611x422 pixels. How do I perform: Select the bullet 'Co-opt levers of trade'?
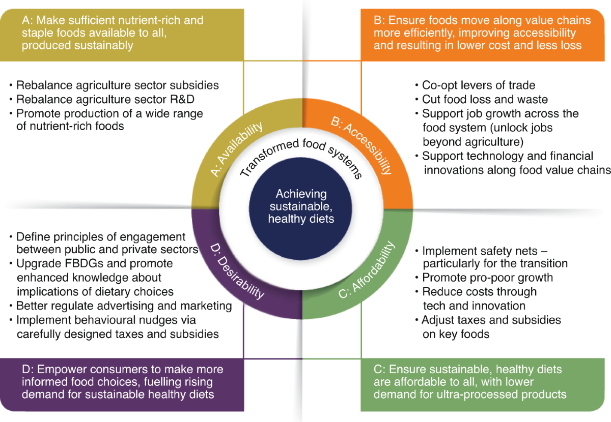pos(478,85)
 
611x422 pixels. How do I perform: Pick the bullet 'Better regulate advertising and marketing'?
pos(124,306)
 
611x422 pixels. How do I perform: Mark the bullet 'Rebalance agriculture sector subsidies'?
pos(117,85)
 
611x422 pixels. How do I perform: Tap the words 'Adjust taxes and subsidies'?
pos(491,320)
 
